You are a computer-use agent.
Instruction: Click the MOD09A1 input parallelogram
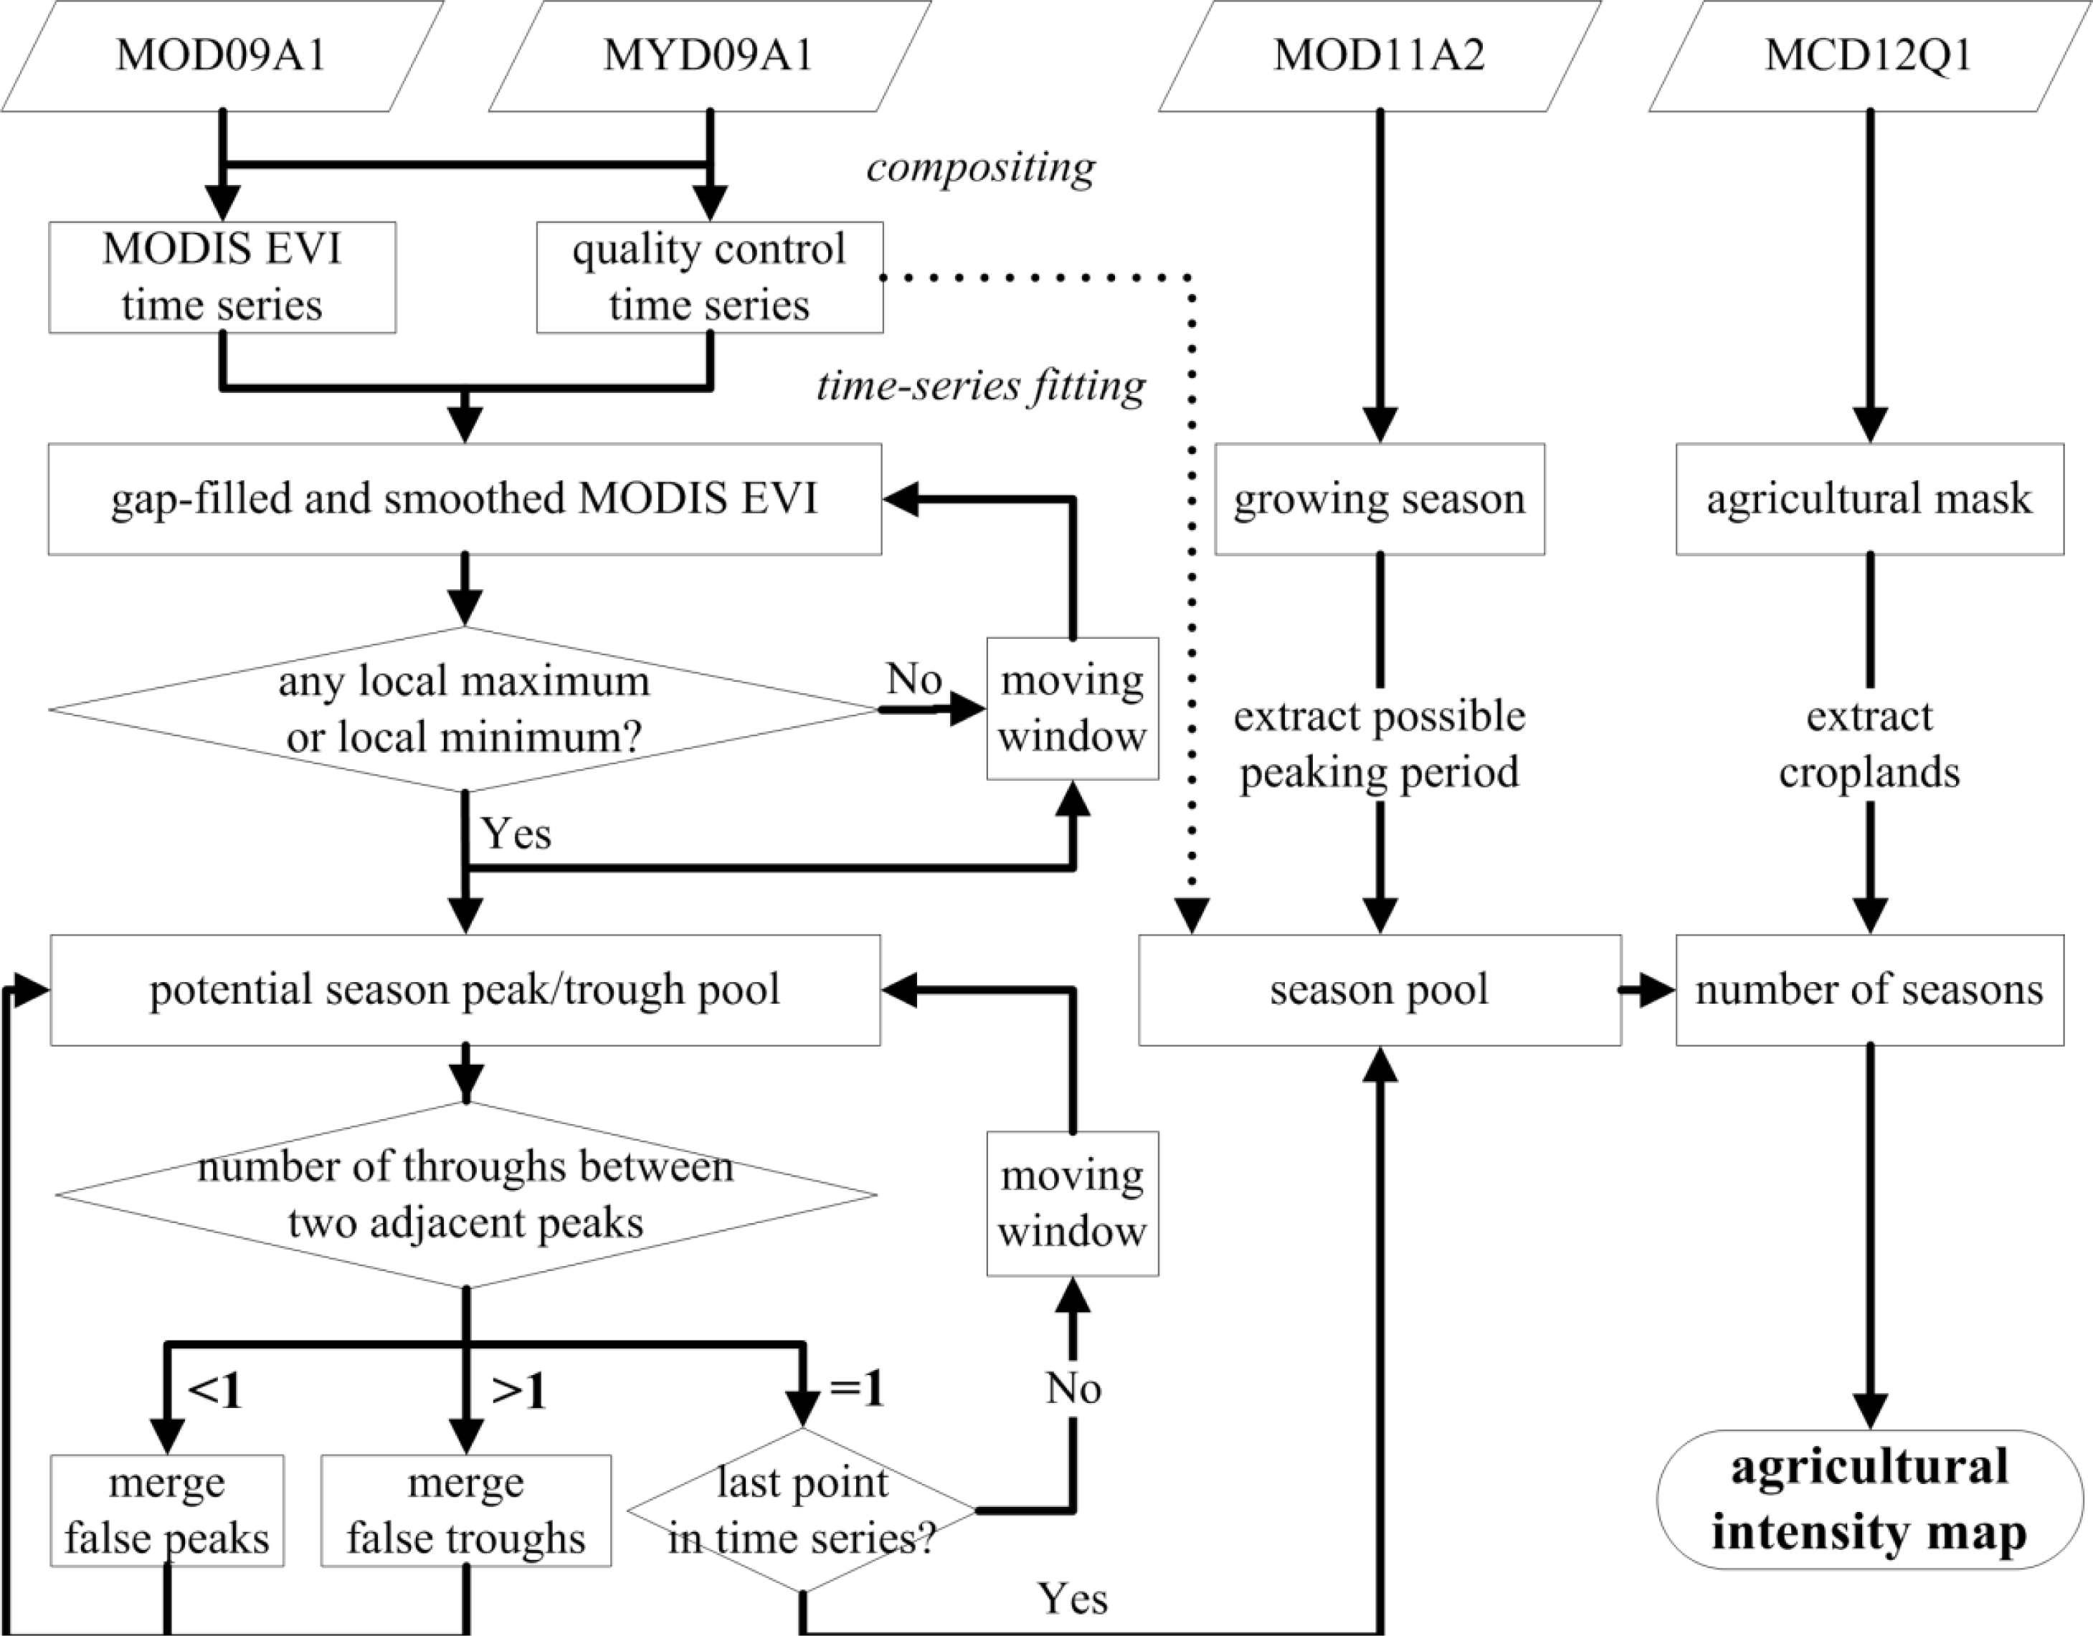pyautogui.click(x=222, y=56)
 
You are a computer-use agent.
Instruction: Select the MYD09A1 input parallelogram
pyautogui.click(x=709, y=56)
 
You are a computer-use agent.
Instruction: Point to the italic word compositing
pyautogui.click(x=980, y=168)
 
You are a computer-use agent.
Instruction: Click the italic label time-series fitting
pyautogui.click(x=980, y=386)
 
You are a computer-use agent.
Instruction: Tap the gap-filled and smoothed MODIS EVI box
pyautogui.click(x=465, y=498)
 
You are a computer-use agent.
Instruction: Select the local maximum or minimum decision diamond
pyautogui.click(x=465, y=709)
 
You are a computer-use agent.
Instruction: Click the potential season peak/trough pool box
pyautogui.click(x=465, y=990)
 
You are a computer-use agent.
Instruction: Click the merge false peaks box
pyautogui.click(x=167, y=1511)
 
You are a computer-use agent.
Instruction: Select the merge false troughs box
pyautogui.click(x=466, y=1511)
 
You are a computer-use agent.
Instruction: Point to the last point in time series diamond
pyautogui.click(x=802, y=1511)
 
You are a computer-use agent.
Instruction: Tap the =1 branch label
pyautogui.click(x=856, y=1389)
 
